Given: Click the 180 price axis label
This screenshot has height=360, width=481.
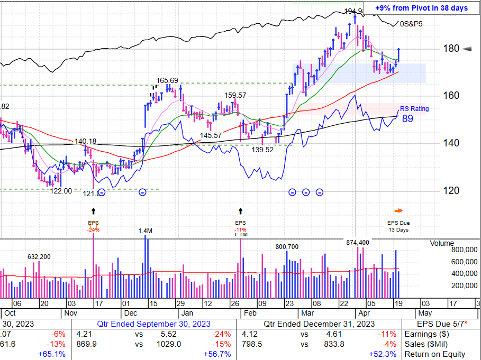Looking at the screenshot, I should click(x=451, y=49).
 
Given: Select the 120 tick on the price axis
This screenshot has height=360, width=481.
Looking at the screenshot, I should click(x=451, y=191).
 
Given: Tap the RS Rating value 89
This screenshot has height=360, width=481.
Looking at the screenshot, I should click(x=408, y=119).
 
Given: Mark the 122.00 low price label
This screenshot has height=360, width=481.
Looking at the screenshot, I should click(x=61, y=191).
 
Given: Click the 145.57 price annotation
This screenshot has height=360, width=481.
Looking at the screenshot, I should click(x=211, y=136).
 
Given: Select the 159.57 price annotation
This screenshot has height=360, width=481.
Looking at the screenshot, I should click(x=235, y=95).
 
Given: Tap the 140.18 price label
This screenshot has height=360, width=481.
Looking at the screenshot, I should click(x=85, y=141).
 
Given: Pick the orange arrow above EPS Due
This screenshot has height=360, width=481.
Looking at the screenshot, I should click(x=398, y=210).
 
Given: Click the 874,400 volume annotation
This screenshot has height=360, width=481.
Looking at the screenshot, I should click(x=358, y=242).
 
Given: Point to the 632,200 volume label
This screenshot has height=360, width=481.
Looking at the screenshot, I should click(x=39, y=256).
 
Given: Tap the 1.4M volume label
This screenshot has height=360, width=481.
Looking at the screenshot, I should click(x=146, y=231).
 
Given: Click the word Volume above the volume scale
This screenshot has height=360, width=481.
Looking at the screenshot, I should click(x=442, y=244).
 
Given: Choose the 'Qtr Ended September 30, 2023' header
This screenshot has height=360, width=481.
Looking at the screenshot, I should click(x=153, y=324).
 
